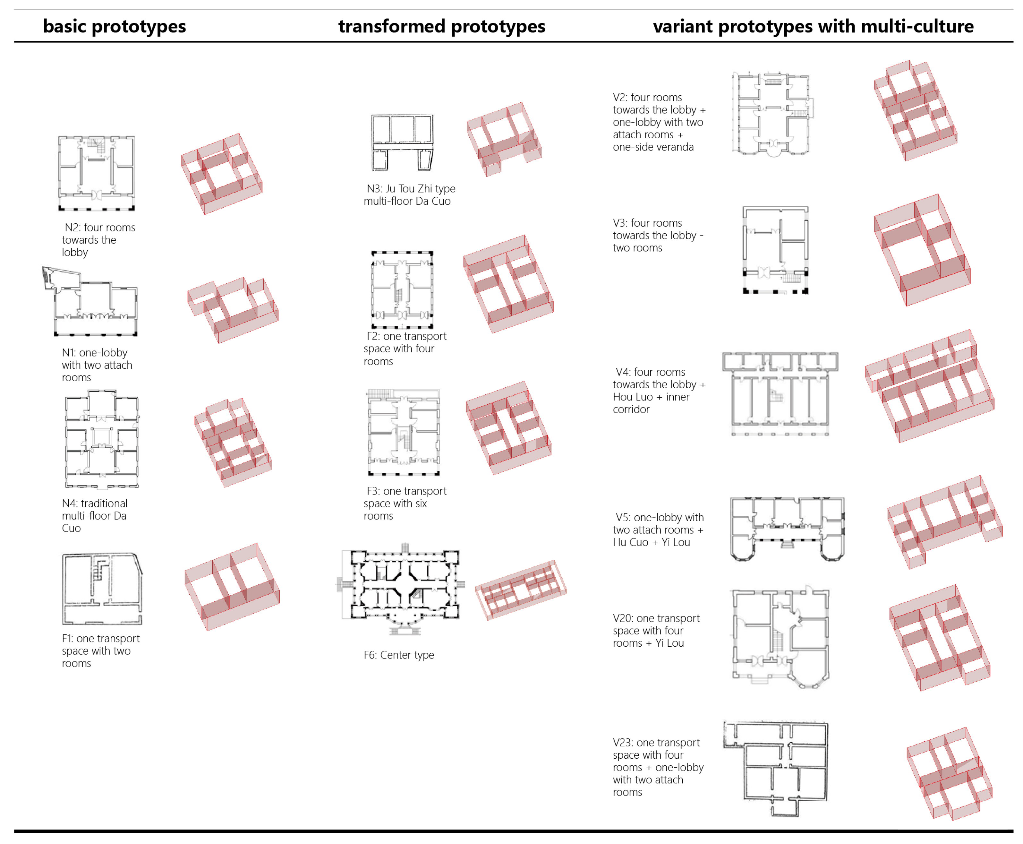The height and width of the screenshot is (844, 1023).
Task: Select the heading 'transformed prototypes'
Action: [x=441, y=26]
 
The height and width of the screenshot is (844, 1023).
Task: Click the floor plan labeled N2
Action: [x=96, y=173]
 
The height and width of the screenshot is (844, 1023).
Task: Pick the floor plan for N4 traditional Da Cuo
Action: [x=102, y=439]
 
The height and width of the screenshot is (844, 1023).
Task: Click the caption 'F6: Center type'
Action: [x=398, y=655]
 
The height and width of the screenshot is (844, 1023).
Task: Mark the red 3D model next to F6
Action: [x=521, y=590]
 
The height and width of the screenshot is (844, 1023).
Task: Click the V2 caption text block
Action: [x=659, y=122]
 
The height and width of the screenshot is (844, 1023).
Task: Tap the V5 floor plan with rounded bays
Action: [x=787, y=529]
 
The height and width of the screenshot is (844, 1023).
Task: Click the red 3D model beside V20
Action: [x=939, y=638]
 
